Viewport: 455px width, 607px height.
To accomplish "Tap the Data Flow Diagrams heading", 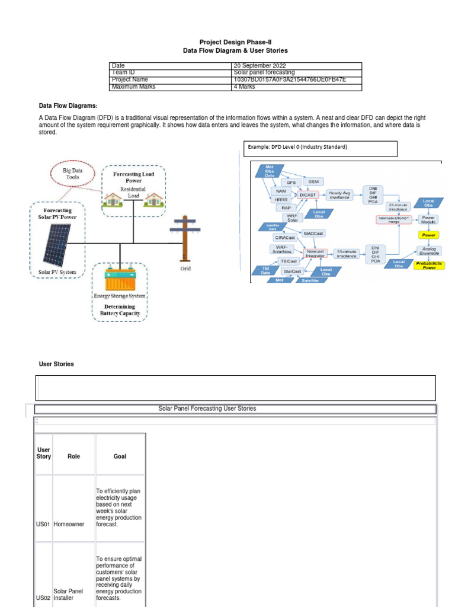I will click(68, 106).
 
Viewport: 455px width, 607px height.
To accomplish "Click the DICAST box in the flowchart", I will click(309, 194).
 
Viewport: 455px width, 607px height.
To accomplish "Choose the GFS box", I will click(291, 182).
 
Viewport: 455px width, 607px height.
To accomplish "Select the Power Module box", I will click(428, 220).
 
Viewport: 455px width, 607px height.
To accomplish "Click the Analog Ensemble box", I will click(428, 250).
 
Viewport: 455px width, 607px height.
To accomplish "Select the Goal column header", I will click(120, 456).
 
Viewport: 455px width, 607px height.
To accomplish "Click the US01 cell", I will click(43, 525).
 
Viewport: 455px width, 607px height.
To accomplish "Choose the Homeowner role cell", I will click(69, 525).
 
